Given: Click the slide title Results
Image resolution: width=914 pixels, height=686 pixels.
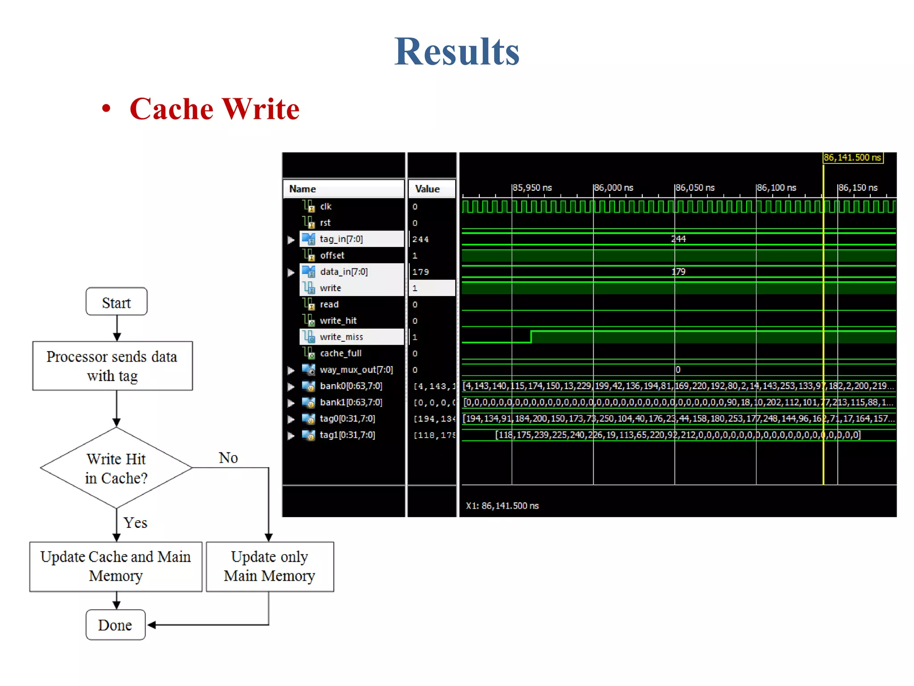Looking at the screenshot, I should (457, 52).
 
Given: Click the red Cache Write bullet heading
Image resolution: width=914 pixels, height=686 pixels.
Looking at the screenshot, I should (214, 109).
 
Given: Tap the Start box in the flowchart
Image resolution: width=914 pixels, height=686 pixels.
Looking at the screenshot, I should (116, 302).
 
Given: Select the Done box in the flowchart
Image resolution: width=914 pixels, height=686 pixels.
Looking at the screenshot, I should (115, 625).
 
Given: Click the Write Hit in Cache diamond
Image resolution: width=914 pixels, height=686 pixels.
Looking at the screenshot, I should (116, 468).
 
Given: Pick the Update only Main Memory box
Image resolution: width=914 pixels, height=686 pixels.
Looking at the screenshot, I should (270, 566).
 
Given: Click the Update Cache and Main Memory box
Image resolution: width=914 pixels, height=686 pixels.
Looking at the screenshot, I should (116, 566).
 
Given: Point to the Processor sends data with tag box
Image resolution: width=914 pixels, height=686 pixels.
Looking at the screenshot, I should (112, 366).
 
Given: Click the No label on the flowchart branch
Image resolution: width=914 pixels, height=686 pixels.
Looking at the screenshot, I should (228, 458).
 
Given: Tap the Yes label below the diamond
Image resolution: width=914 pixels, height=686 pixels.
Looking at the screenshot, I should (135, 523).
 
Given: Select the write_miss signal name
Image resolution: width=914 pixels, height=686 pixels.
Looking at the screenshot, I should (341, 337).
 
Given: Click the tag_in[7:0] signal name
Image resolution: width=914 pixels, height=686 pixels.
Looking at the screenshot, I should (341, 239).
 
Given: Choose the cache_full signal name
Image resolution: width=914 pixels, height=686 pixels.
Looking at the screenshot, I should (341, 353).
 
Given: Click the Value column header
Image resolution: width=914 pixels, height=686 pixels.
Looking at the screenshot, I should (427, 189).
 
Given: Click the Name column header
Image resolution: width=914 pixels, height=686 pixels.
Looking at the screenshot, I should (303, 189).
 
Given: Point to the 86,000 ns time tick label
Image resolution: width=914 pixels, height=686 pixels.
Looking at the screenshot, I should (614, 188).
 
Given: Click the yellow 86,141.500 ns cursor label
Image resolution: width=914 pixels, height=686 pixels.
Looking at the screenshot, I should (852, 158).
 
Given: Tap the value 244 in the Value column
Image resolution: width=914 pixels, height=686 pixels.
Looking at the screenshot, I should (420, 239).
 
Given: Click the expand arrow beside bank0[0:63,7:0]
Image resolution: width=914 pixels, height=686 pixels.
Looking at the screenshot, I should (291, 386).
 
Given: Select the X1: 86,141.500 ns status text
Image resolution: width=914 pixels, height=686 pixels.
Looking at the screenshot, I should (502, 506).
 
